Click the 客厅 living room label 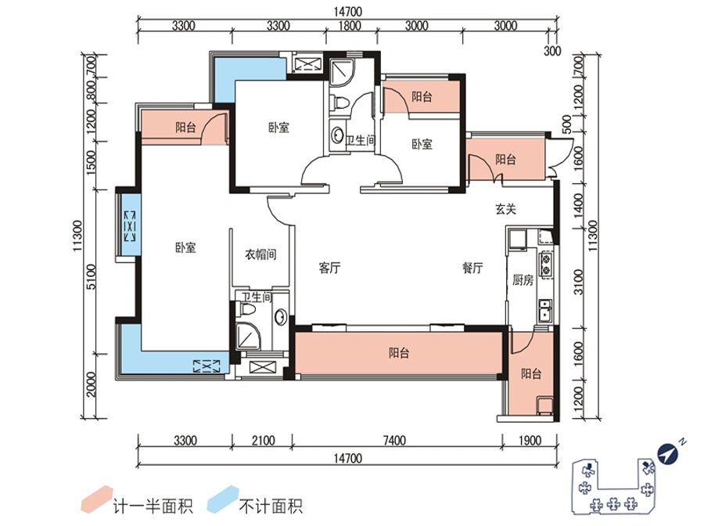click(x=329, y=268)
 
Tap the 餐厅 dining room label click(x=472, y=268)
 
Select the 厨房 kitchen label click(x=523, y=280)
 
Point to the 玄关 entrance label click(x=505, y=209)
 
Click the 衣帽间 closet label click(x=260, y=254)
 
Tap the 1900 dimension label click(x=530, y=441)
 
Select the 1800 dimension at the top click(x=350, y=25)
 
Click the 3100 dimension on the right click(x=580, y=279)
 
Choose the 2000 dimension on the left click(x=92, y=384)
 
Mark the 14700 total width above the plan click(x=350, y=11)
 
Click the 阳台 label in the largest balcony click(x=399, y=353)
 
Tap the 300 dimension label click(x=552, y=52)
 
